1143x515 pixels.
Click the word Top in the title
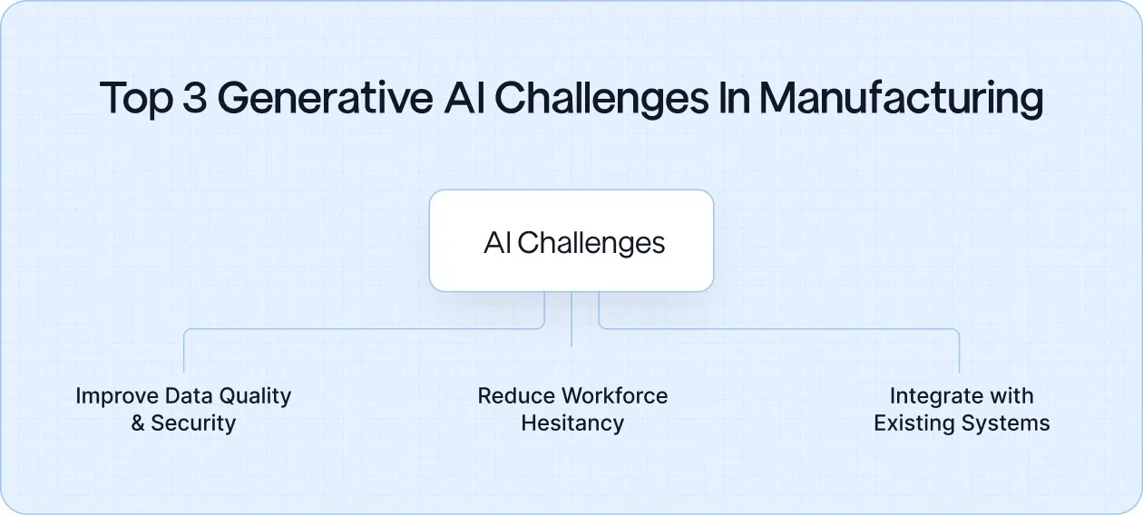tap(135, 99)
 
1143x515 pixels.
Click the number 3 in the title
tap(195, 98)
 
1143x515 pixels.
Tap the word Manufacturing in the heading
tap(901, 98)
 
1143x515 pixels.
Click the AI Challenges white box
tap(571, 240)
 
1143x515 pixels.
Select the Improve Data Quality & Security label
tap(183, 409)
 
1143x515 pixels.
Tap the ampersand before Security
tap(138, 423)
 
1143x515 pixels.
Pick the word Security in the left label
tap(193, 423)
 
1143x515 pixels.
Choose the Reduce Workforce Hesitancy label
tap(572, 409)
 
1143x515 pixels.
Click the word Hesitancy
tap(572, 423)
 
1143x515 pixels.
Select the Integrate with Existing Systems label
tap(962, 409)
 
